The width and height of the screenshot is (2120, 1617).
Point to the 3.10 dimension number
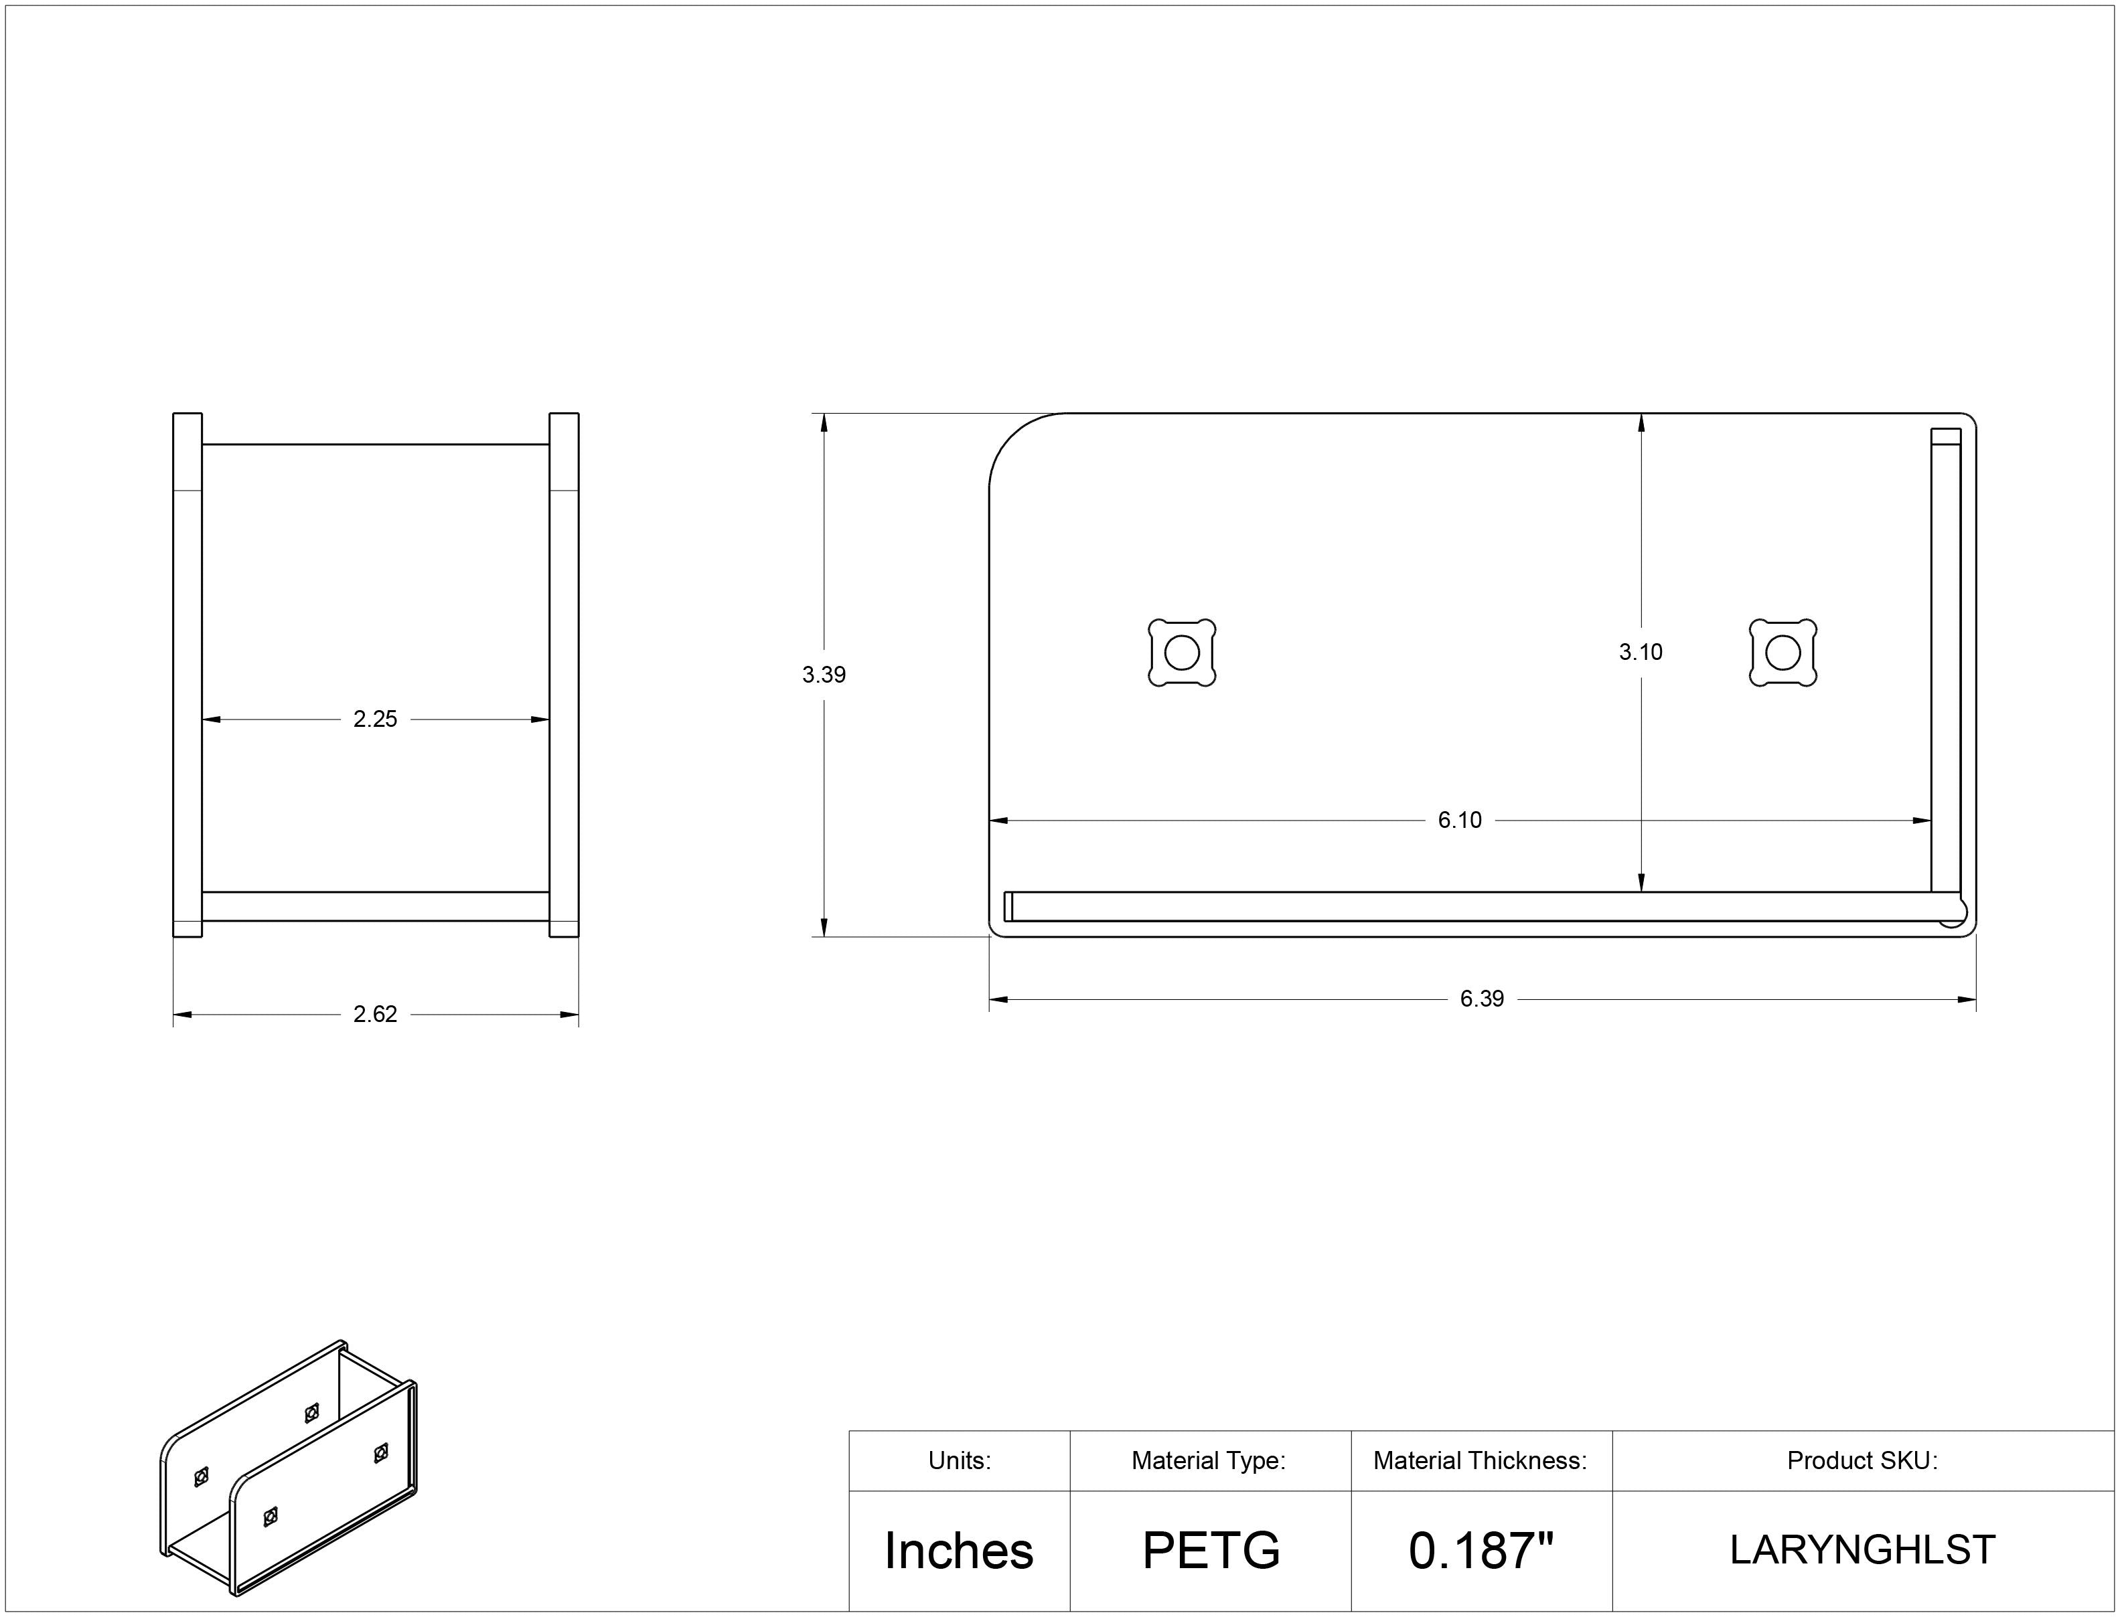(x=1641, y=653)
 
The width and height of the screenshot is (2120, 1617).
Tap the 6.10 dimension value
(x=1460, y=820)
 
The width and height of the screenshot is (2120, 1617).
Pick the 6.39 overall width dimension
(x=1482, y=999)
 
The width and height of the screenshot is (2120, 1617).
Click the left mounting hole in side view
(x=1183, y=653)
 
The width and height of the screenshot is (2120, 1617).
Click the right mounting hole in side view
(x=1783, y=653)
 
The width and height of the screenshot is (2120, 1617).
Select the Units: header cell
(x=959, y=1461)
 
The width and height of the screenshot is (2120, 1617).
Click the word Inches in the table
(x=959, y=1551)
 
